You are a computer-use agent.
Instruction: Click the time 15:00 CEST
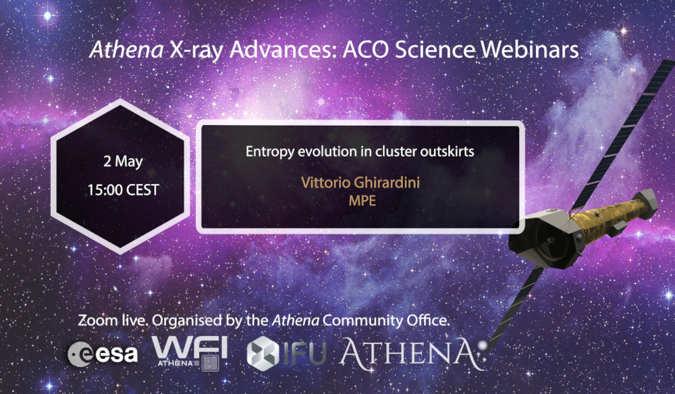(x=123, y=190)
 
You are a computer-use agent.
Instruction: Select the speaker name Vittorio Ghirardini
(x=358, y=183)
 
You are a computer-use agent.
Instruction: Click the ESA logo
(x=103, y=353)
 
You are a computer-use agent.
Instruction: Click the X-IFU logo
(x=287, y=352)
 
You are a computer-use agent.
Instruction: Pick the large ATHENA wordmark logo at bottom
(x=412, y=352)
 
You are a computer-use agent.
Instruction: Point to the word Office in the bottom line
(x=429, y=320)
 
